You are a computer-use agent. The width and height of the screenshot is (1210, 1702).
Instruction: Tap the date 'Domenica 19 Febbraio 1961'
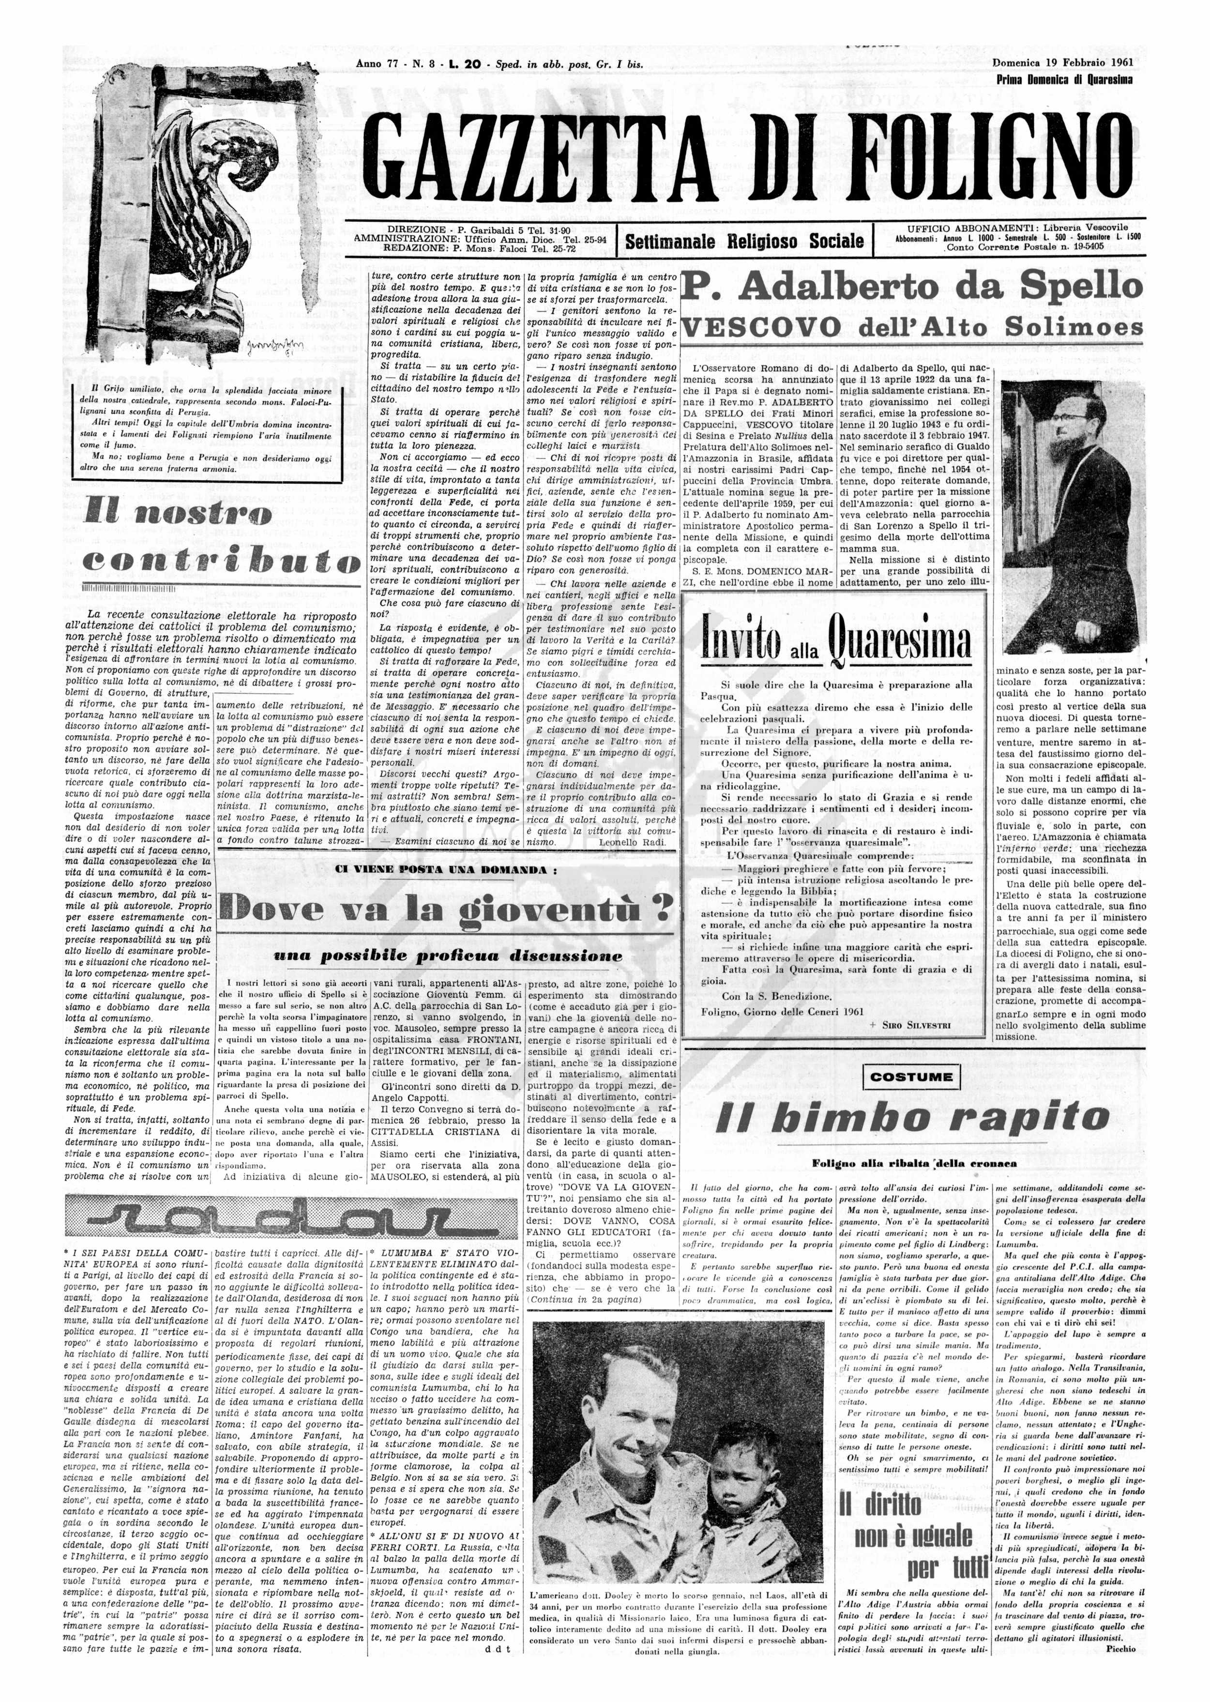pyautogui.click(x=1062, y=62)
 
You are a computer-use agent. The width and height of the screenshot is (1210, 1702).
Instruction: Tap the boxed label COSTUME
pyautogui.click(x=910, y=1077)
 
